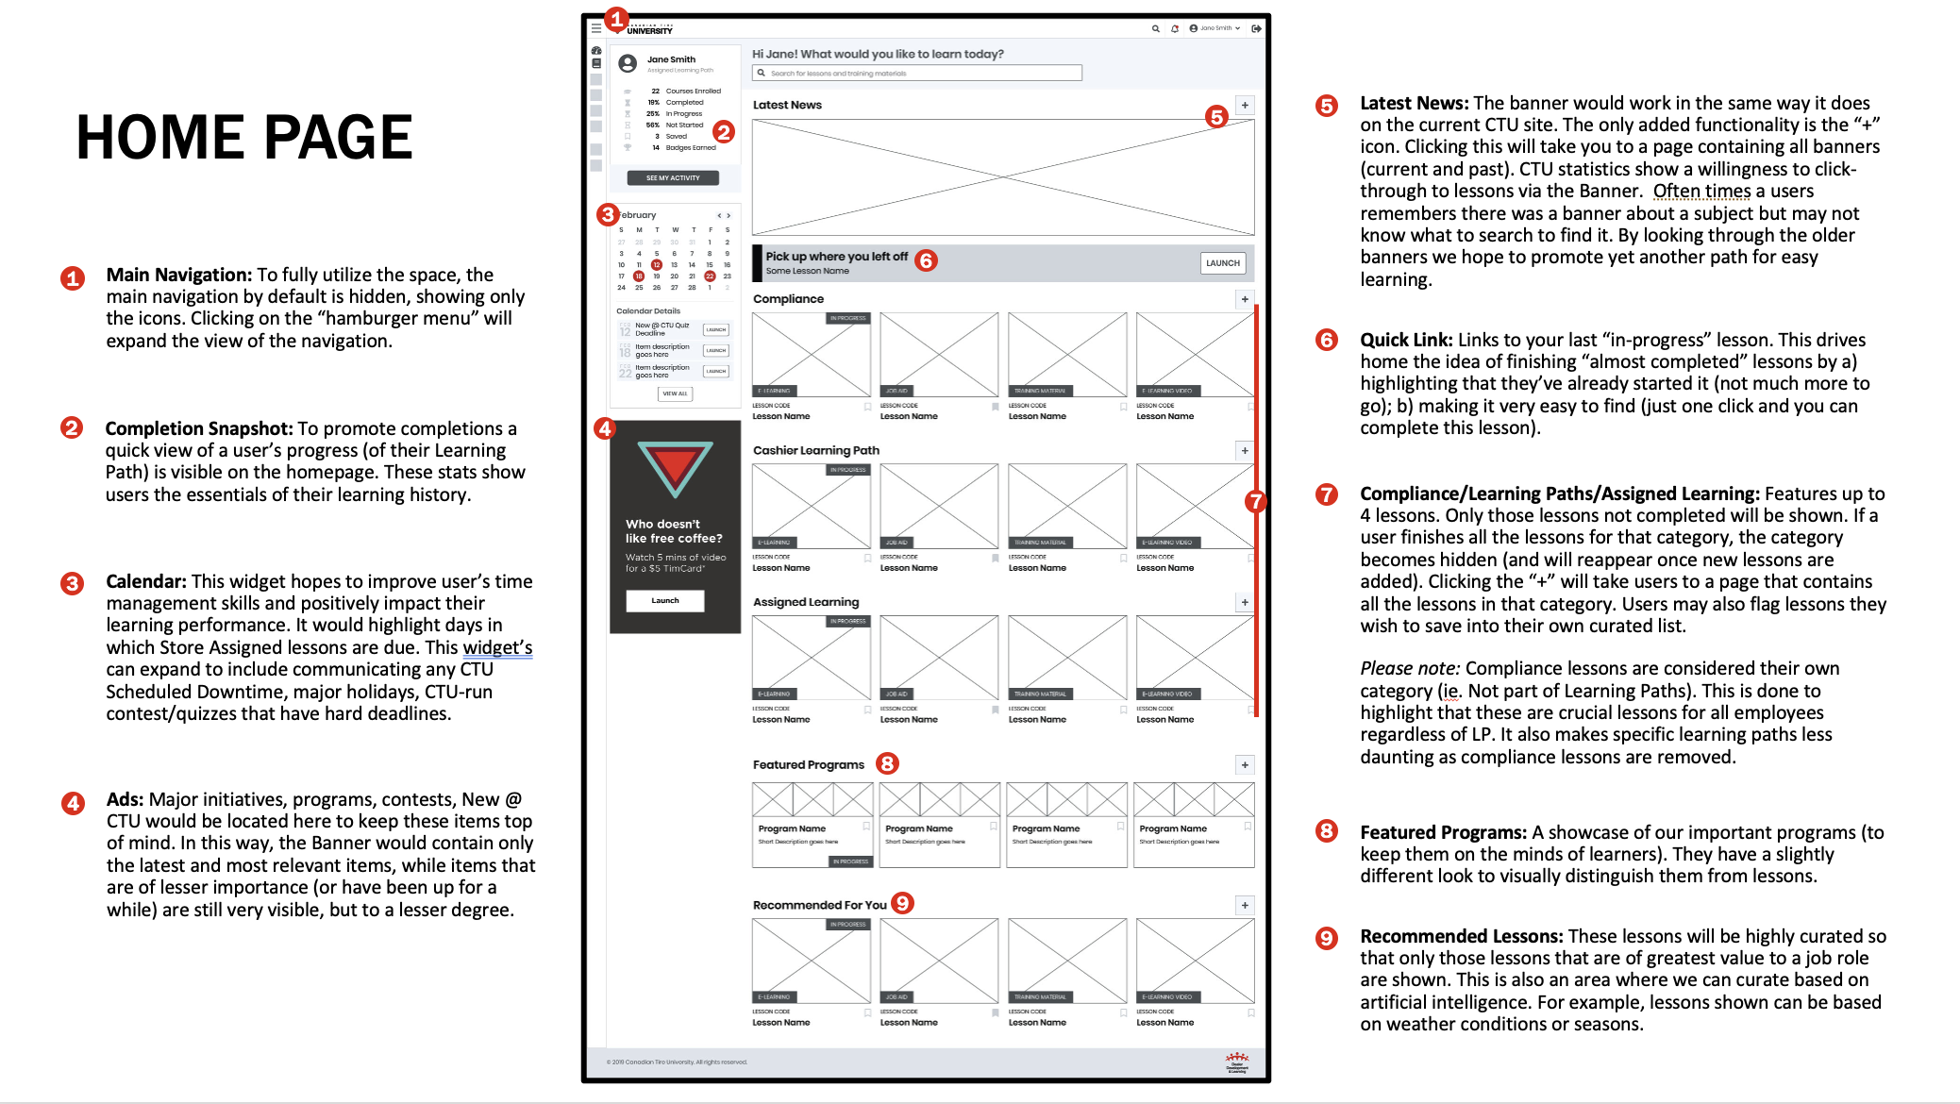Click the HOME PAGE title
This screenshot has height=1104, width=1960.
(x=243, y=138)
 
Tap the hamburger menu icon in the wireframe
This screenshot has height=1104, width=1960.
(x=596, y=28)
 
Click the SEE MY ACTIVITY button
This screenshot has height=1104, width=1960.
(x=673, y=177)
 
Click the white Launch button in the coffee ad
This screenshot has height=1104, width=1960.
(x=665, y=601)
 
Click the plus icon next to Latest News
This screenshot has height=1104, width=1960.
(x=1245, y=106)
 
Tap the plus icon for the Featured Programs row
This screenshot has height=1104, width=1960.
(x=1245, y=765)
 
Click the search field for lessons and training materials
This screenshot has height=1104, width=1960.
(x=917, y=73)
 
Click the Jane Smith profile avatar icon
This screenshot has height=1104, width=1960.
(x=628, y=63)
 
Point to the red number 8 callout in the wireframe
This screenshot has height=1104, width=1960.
(x=887, y=763)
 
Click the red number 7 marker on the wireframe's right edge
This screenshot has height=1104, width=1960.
(x=1254, y=501)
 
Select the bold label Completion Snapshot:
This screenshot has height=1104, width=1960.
(x=198, y=428)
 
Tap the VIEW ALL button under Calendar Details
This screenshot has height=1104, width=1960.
(x=675, y=393)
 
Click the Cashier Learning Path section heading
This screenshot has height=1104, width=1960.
(x=815, y=451)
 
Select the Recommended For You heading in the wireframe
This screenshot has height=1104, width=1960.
(x=819, y=905)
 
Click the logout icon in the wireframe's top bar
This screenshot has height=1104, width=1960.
(x=1256, y=28)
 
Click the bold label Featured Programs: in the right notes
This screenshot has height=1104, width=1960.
(x=1442, y=832)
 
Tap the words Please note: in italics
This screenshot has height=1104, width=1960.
(x=1409, y=668)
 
